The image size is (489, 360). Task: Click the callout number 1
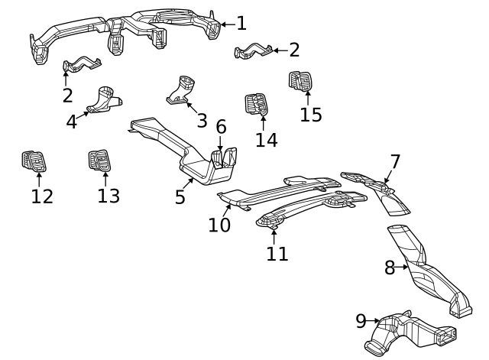coord(241,24)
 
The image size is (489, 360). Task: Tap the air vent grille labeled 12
coord(34,161)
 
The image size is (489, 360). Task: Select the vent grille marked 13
coord(101,160)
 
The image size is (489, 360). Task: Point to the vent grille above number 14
coord(257,104)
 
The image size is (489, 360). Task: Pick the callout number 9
coord(361,322)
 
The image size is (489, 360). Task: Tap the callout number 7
coord(395,162)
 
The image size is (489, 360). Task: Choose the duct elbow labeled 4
coord(103,99)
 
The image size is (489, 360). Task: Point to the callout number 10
coord(219,225)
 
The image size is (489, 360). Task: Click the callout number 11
coord(277,253)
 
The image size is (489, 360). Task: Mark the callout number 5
coord(180,197)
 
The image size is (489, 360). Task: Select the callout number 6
coord(221,126)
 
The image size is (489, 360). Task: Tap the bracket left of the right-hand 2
coord(252,52)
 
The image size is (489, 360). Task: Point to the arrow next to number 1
coord(227,24)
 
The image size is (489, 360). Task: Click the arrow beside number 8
coord(402,268)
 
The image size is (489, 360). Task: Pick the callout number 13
coord(108,196)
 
